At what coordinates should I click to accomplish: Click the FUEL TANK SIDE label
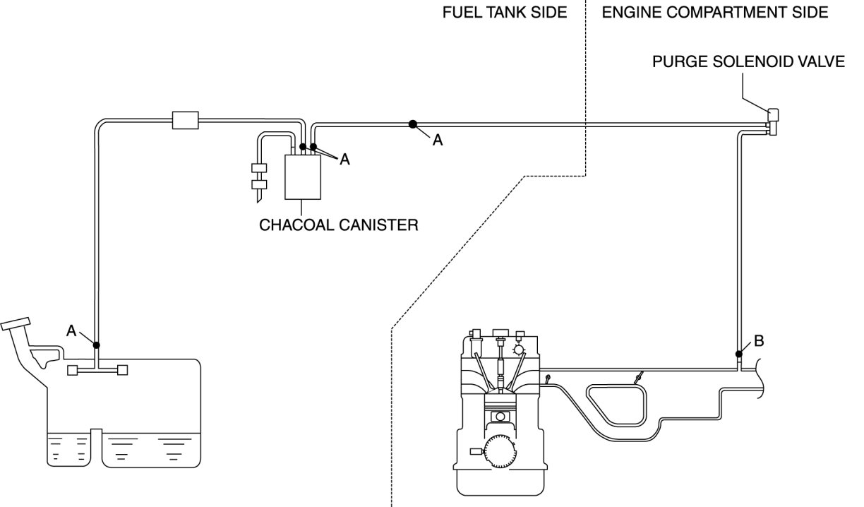[x=505, y=13]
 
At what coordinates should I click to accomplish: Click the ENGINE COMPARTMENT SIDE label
[x=715, y=13]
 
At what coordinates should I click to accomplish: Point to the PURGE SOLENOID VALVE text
[x=748, y=61]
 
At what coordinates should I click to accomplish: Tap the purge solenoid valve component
[x=772, y=121]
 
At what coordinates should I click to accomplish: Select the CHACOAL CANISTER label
[x=339, y=225]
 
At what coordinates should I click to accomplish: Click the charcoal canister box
[x=302, y=177]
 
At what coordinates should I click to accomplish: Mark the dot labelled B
[x=738, y=354]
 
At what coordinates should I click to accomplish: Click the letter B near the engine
[x=759, y=342]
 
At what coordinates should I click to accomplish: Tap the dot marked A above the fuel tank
[x=96, y=345]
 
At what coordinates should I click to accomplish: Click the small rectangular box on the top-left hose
[x=186, y=120]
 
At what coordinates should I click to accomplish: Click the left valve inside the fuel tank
[x=72, y=370]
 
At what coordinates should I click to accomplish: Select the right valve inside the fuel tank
[x=121, y=370]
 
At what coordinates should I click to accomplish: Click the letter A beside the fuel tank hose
[x=72, y=330]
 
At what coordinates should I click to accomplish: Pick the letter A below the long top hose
[x=438, y=141]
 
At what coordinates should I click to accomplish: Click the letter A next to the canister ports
[x=344, y=160]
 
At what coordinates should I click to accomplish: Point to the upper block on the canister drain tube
[x=258, y=169]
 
